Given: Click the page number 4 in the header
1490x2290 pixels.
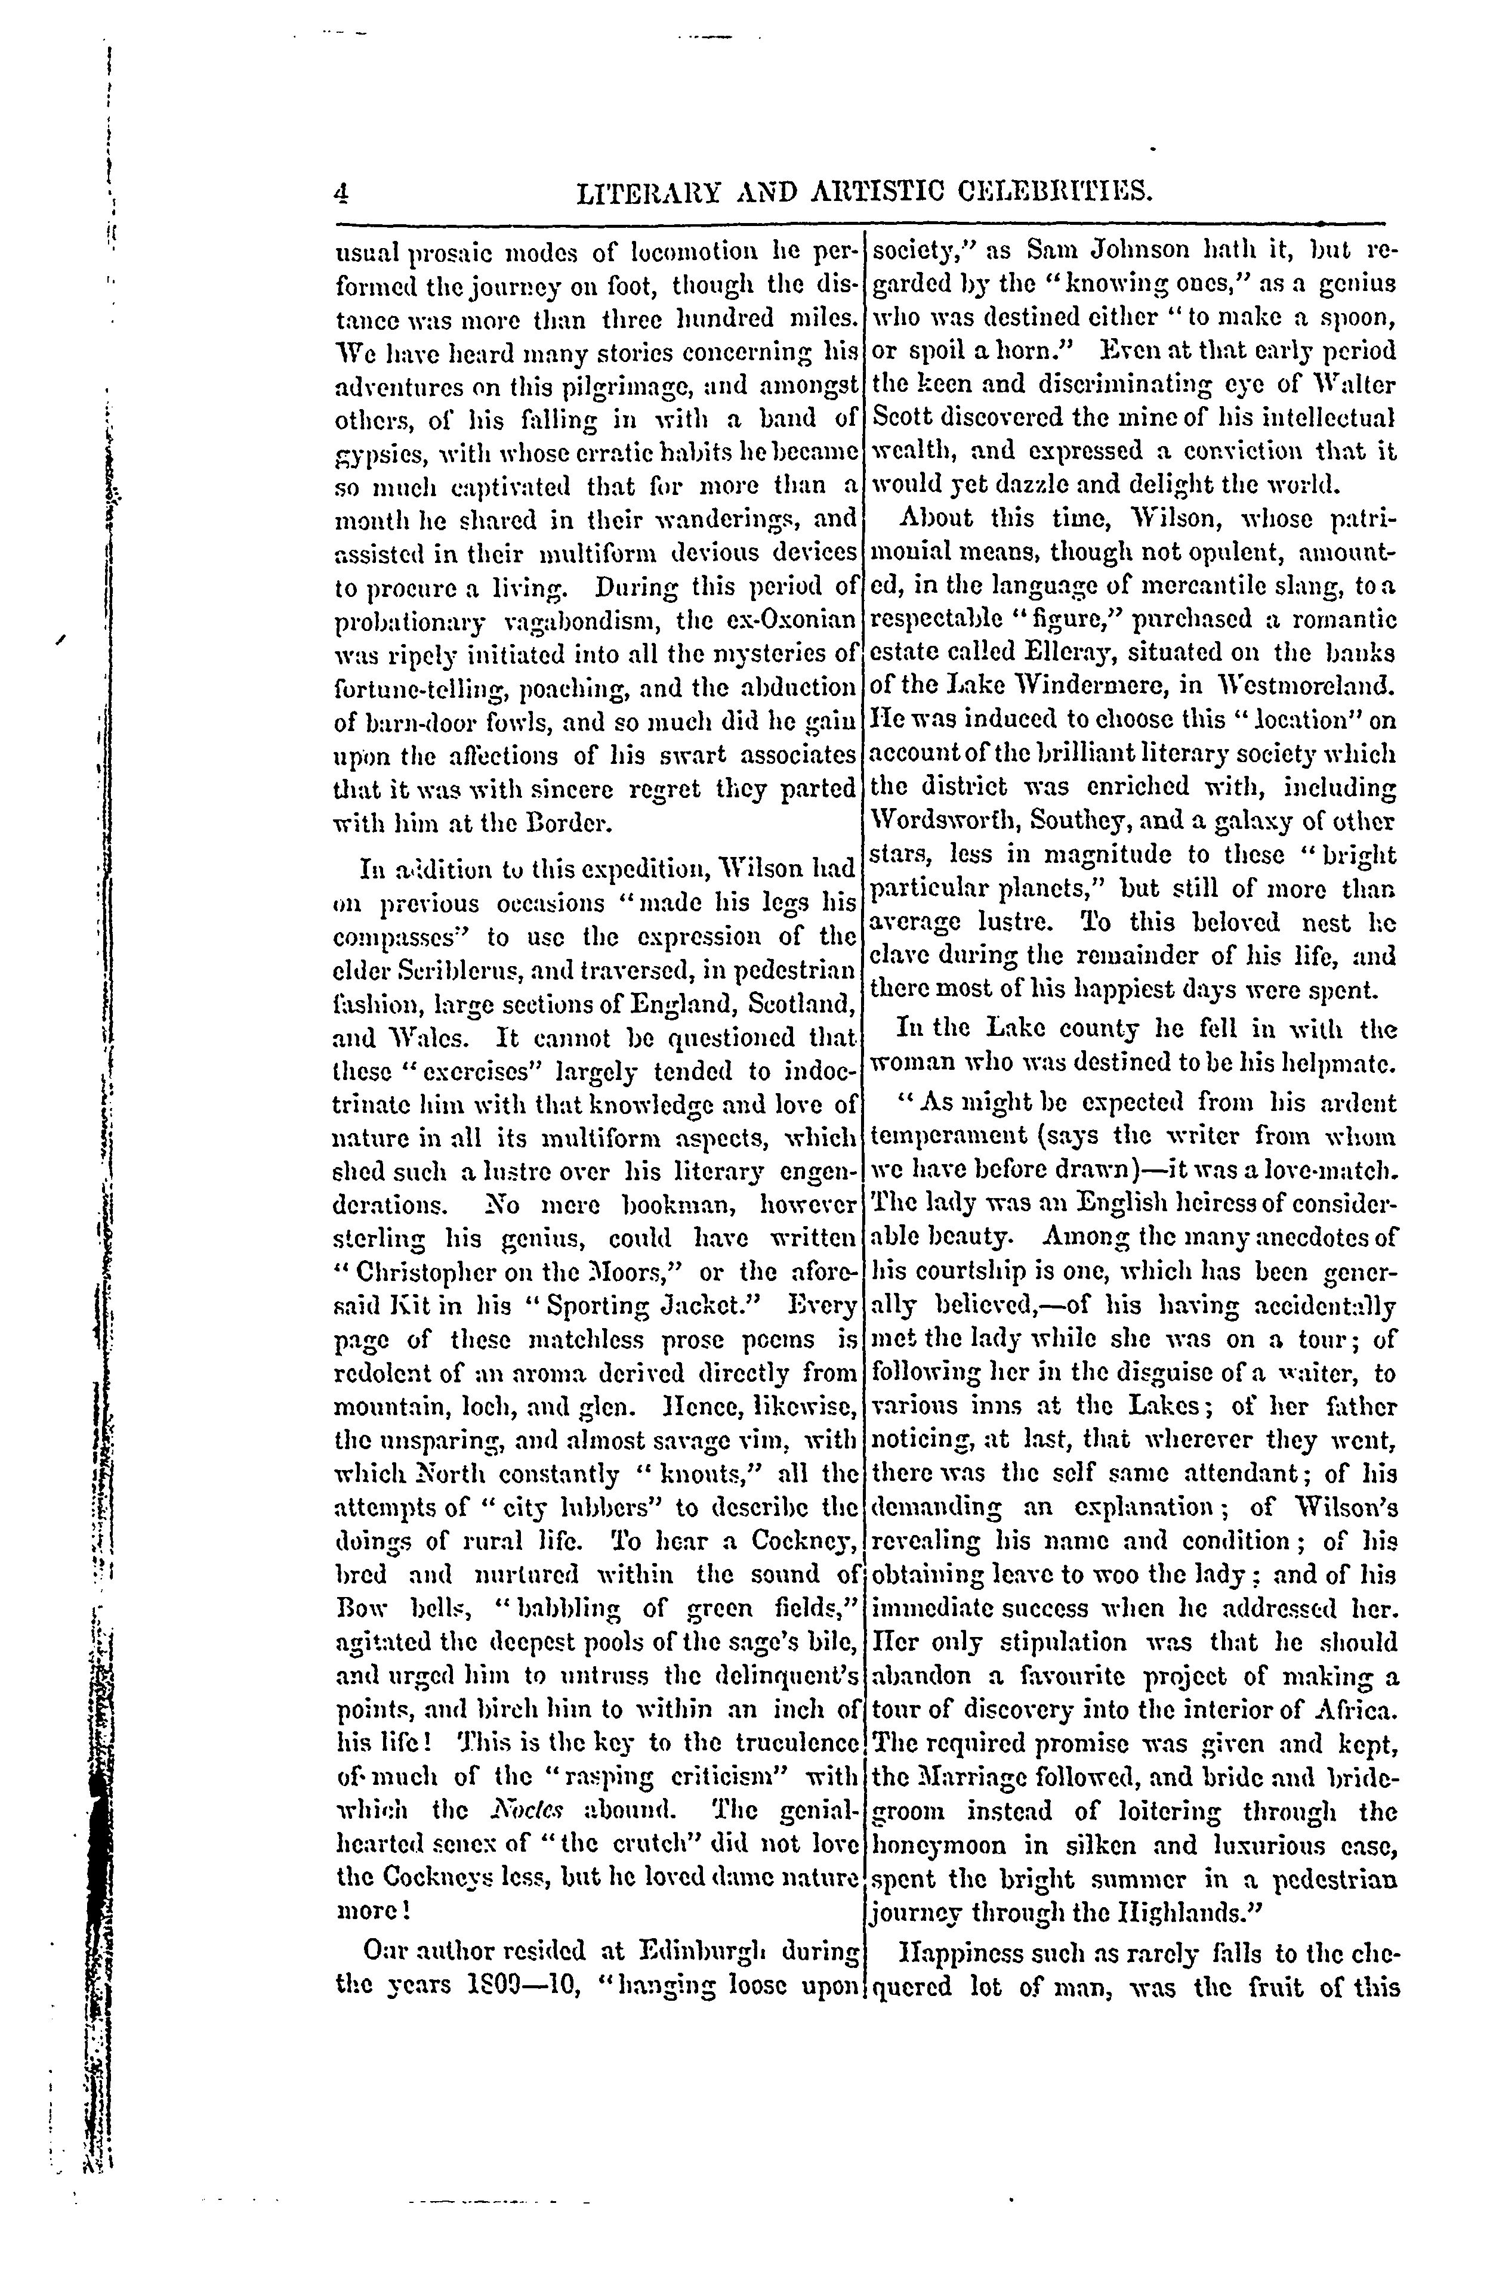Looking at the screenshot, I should (340, 196).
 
